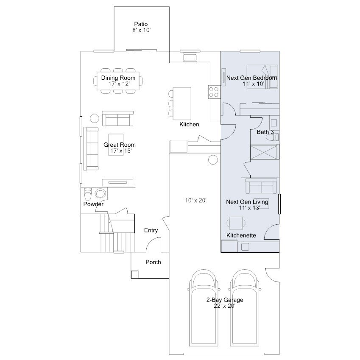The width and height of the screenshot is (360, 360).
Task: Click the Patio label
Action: coord(141,24)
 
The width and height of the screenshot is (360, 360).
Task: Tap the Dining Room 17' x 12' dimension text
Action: coord(119,84)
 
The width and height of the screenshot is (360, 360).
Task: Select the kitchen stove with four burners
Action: coord(214,92)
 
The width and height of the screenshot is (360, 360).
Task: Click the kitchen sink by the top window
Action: coord(190,57)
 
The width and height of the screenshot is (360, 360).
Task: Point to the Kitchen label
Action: coord(189,124)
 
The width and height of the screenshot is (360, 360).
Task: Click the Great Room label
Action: coord(120,145)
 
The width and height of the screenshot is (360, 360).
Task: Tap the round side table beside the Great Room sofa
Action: coord(95,118)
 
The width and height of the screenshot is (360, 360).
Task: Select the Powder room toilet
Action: coord(88,194)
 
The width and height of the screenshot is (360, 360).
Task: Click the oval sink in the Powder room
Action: coord(100,193)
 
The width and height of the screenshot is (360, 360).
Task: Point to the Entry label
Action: coord(151,230)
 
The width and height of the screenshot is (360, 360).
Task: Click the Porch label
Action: coord(153,262)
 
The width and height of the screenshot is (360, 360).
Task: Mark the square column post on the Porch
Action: coord(134,275)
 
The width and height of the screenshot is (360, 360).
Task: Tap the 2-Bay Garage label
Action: coord(225,300)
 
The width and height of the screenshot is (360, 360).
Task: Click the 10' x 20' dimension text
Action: coord(196,201)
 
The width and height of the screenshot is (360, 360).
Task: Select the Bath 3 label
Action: coord(265,132)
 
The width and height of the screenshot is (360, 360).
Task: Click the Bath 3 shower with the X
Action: coord(264,152)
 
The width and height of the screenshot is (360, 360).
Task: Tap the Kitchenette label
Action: coord(241,235)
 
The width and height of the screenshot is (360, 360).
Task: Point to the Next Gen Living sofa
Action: coord(261,186)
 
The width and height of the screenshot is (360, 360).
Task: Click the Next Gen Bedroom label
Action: coord(251,78)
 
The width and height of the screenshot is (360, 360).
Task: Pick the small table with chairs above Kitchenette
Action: coord(236,223)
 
